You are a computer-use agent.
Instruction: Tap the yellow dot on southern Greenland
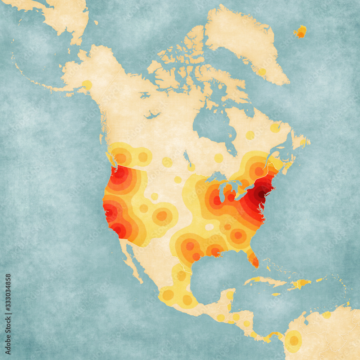coord(262,72)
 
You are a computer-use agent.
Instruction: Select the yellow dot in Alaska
coord(87,85)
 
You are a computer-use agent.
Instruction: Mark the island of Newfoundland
coord(301,140)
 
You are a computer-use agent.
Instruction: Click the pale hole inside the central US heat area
coord(209,227)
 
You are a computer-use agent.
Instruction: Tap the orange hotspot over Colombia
coord(294,340)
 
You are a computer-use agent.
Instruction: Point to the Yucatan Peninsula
coord(229,295)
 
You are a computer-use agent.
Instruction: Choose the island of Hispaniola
coord(300,284)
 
